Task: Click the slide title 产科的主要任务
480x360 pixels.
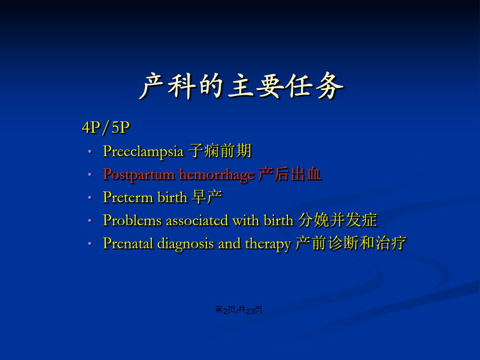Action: (242, 86)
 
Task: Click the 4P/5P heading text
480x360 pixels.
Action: (106, 127)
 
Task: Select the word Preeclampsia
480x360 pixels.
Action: (143, 151)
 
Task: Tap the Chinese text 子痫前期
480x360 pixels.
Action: (220, 150)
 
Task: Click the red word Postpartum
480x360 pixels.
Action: (139, 175)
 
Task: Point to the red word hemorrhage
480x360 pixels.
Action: (217, 175)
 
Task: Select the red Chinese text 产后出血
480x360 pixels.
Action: (290, 174)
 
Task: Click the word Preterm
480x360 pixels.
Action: (128, 197)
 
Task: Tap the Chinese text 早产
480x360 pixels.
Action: (207, 197)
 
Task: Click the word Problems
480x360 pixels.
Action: (132, 220)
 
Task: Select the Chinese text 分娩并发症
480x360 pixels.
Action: (338, 220)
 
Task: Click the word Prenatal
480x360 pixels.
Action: (128, 243)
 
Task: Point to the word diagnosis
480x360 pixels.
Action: (186, 244)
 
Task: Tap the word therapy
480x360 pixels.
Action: (268, 244)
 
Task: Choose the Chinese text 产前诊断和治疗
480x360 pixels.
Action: (351, 243)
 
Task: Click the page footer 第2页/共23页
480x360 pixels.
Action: (238, 310)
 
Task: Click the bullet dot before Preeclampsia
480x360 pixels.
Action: (90, 151)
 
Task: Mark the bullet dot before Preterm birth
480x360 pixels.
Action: (90, 197)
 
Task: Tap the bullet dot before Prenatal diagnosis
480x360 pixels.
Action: (90, 244)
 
